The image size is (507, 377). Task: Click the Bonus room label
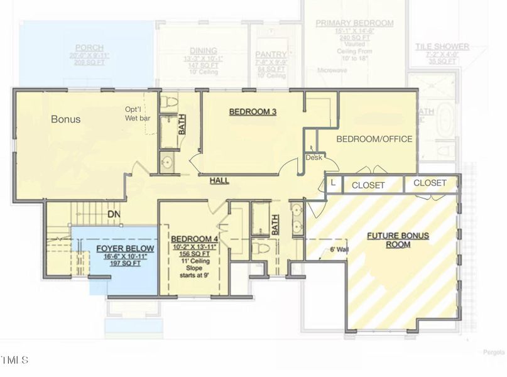pos(65,119)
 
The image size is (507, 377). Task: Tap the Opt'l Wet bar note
pos(137,113)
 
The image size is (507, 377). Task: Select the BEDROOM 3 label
pos(253,112)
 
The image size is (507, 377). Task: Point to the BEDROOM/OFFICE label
pos(374,139)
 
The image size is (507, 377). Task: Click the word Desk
pos(313,158)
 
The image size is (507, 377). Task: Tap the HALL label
pos(219,181)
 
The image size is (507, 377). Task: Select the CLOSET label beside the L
pos(368,185)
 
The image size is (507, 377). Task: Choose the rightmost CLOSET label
pos(430,183)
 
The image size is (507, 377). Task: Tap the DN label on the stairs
pos(114,214)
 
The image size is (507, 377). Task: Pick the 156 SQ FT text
pos(194,255)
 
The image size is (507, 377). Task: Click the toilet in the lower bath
pos(263,249)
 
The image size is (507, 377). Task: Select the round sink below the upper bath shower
pos(166,163)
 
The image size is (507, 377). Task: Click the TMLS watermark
pos(14,361)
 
